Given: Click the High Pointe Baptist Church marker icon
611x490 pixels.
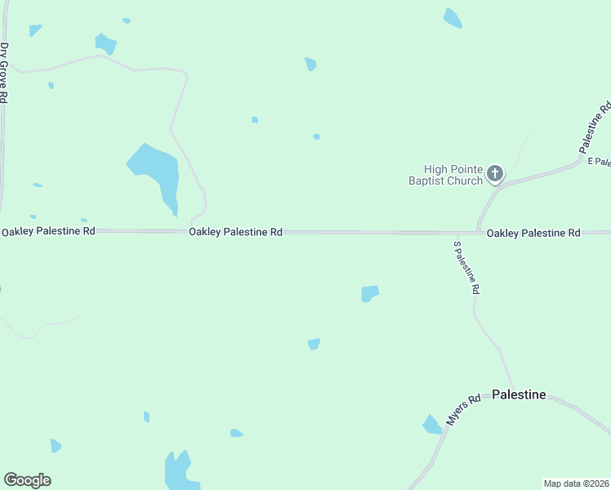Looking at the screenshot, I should coord(494,173).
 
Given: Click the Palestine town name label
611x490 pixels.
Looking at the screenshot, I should coord(519,394).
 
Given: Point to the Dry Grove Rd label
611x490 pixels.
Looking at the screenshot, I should coord(4,72).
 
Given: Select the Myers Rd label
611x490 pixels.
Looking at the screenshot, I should coord(462,412).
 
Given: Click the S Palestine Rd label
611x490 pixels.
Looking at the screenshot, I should coord(466,267).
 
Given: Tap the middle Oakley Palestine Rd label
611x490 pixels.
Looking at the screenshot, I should coord(235,232).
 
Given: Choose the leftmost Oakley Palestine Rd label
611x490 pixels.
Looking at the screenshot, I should coord(48,231).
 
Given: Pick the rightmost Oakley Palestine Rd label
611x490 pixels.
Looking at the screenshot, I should coord(533,233).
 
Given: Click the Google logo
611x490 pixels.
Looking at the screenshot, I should coord(27,480).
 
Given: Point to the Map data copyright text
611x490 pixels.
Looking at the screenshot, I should coord(576,483).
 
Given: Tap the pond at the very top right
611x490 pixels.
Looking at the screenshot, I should coord(453,18).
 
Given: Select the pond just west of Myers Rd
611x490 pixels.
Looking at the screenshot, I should coord(431,425).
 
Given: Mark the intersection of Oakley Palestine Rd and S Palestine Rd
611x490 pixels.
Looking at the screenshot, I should coord(478,233).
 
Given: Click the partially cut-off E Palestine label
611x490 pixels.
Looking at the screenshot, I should coord(599,162).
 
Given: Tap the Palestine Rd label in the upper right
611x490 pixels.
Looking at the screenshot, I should coord(595,128).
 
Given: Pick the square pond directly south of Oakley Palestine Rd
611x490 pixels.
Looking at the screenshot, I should coord(370,293).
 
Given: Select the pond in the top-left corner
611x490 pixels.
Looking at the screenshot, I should coord(35,30).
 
